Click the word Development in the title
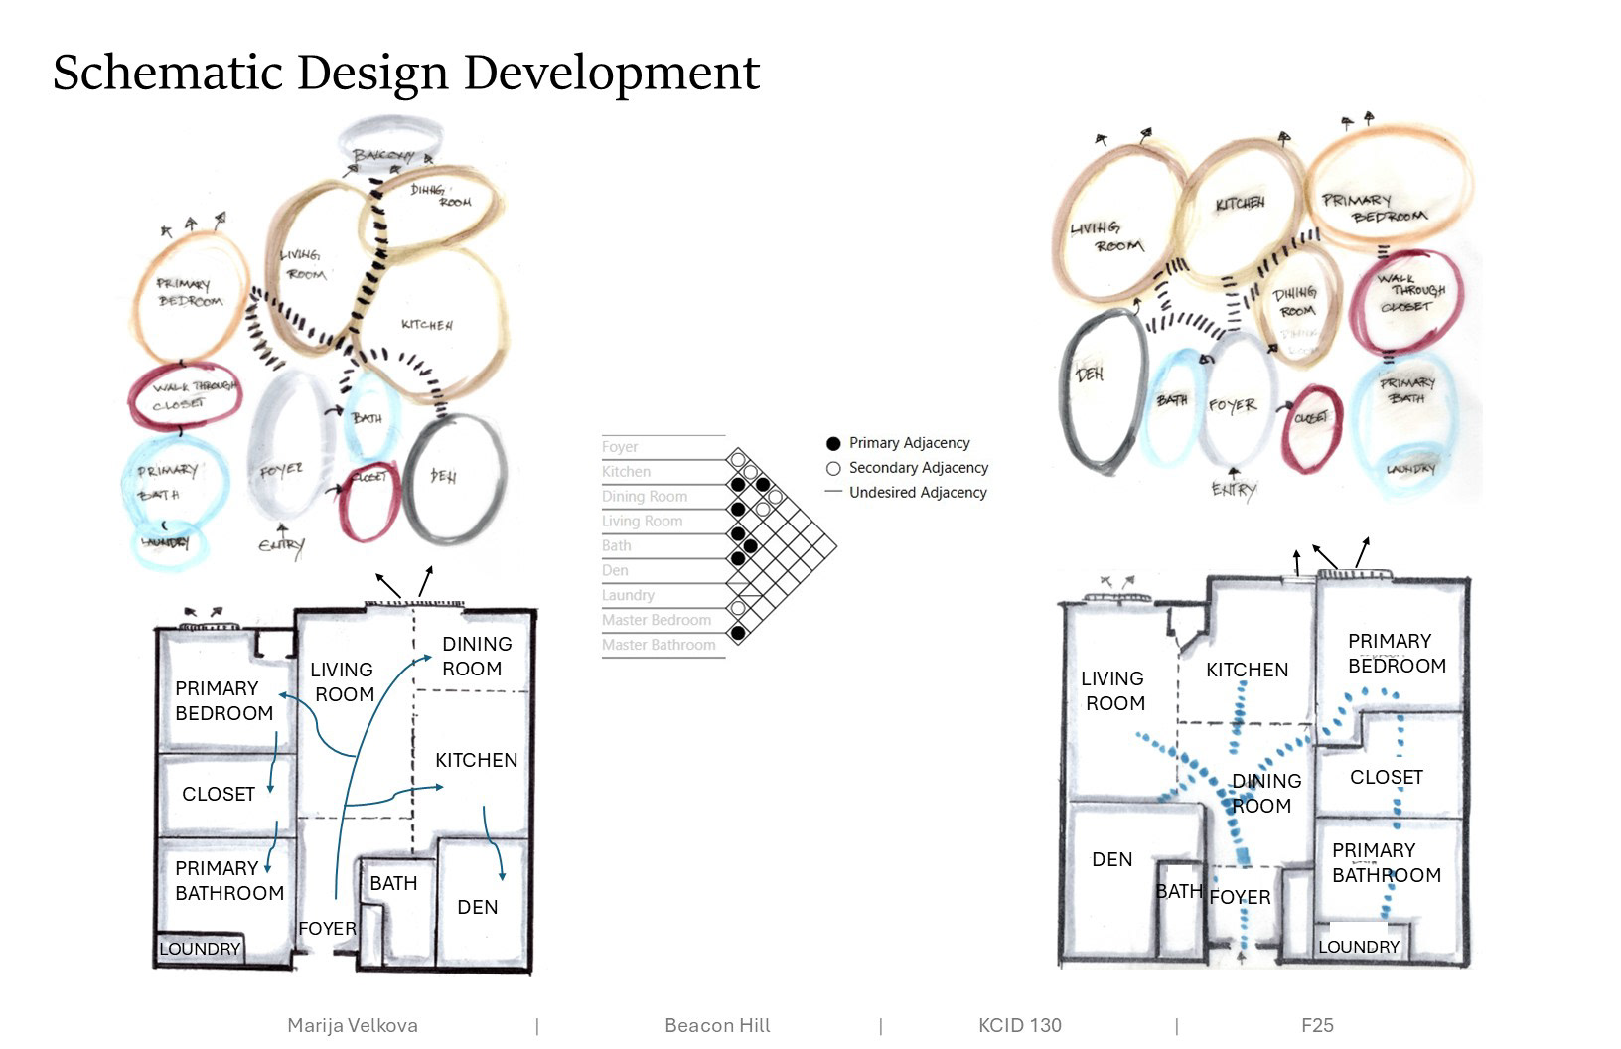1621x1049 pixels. pos(612,73)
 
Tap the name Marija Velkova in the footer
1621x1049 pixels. pos(353,1025)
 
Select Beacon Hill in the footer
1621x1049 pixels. pos(717,1025)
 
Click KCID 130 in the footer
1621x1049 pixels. pos(1020,1025)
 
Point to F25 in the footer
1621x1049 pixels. pos(1317,1025)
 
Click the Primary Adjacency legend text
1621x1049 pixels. pos(909,443)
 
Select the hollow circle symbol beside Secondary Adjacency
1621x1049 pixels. pos(833,468)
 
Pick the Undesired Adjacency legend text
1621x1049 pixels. pos(918,492)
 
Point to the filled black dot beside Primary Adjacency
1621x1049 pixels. pos(833,443)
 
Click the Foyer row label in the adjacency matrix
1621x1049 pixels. pos(620,447)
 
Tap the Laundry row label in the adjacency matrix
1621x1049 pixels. pos(628,595)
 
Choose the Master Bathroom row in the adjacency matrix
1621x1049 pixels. pos(659,645)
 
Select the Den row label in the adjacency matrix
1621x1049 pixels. pos(615,570)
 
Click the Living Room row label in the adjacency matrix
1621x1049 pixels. pos(642,521)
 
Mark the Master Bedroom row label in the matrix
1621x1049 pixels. pos(657,620)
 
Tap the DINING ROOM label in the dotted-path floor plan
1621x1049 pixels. pos(1264,793)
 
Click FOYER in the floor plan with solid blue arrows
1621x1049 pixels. pos(327,928)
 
